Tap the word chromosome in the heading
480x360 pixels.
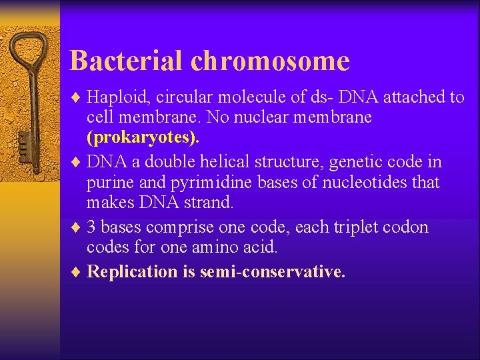(270, 61)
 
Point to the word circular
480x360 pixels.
(183, 98)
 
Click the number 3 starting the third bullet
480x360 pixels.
(91, 227)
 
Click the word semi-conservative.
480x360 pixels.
(273, 271)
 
